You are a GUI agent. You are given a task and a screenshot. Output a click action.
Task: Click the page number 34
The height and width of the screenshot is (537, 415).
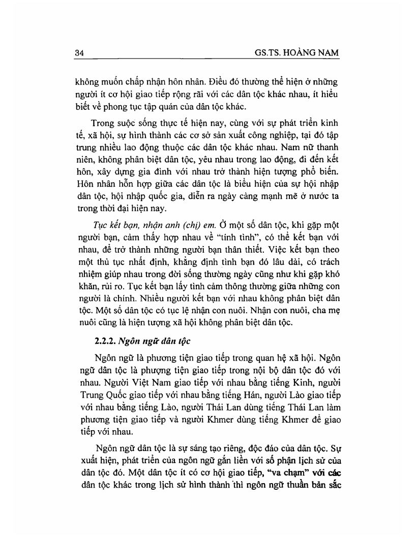pos(79,52)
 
